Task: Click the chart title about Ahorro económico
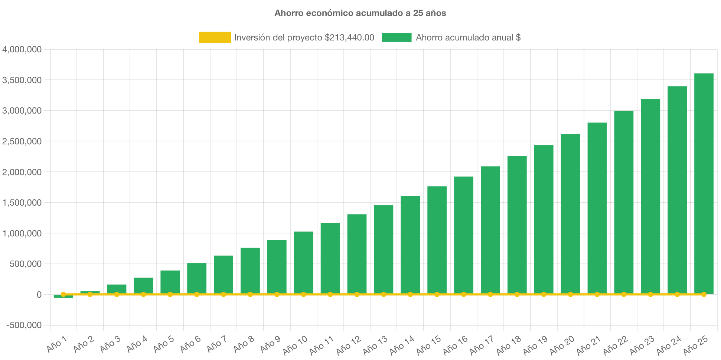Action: [360, 13]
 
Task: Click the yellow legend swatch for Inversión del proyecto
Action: [215, 37]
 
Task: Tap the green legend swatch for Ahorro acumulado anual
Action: [396, 37]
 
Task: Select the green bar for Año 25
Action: [704, 184]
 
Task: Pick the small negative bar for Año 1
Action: [63, 297]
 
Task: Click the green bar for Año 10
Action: [303, 263]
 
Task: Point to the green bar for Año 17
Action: [490, 230]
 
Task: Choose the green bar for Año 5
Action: [170, 282]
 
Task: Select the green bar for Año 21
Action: [597, 208]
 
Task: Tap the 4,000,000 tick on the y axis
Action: [22, 49]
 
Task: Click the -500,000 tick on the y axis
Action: [24, 325]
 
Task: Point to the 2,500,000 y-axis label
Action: [22, 141]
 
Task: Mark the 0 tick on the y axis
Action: [39, 295]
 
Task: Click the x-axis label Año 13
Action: [375, 345]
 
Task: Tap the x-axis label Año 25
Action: [695, 345]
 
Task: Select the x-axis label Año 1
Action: [57, 344]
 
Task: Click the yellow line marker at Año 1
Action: [63, 294]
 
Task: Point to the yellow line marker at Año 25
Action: [704, 294]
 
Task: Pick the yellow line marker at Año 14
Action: [410, 294]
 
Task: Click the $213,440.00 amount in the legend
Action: [349, 37]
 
